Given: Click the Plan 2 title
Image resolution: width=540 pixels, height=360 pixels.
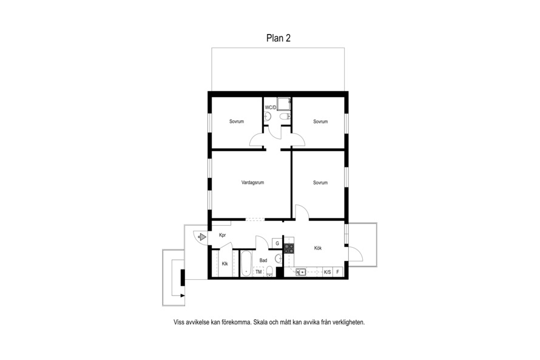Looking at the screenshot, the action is [x=278, y=38].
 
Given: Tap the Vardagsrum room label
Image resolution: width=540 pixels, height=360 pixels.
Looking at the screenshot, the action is [x=253, y=183].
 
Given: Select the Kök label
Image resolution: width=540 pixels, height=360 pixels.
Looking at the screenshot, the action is [x=318, y=248].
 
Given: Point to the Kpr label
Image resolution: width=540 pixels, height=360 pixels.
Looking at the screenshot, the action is [x=223, y=236].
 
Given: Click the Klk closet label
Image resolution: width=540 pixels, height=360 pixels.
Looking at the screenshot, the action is [x=225, y=264].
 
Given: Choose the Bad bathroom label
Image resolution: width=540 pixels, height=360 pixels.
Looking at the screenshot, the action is [x=263, y=260].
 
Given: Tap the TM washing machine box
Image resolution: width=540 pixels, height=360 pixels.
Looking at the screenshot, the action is [x=258, y=272].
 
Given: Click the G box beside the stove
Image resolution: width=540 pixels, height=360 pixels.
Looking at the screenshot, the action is [x=277, y=243].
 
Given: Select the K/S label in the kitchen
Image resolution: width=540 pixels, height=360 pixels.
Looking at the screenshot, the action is [x=327, y=272].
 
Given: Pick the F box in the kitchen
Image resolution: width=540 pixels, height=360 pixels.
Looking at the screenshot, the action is [x=338, y=272].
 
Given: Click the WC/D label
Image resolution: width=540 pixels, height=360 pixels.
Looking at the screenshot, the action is [x=271, y=107].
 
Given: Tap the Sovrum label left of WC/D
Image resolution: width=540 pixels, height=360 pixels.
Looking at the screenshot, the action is [x=237, y=121].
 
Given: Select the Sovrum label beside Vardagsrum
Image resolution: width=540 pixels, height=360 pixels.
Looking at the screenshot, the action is [x=320, y=183].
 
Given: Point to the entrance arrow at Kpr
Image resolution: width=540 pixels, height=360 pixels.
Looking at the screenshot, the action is [x=202, y=237].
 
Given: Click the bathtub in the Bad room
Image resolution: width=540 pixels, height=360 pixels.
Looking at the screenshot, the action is [x=246, y=263].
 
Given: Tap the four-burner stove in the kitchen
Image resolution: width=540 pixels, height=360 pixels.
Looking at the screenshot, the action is [x=289, y=249].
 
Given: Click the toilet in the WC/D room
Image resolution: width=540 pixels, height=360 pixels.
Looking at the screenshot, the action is [x=285, y=117].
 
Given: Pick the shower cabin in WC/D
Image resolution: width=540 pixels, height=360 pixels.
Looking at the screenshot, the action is [x=284, y=104].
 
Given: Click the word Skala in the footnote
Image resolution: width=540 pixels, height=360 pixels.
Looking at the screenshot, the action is [x=261, y=322].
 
